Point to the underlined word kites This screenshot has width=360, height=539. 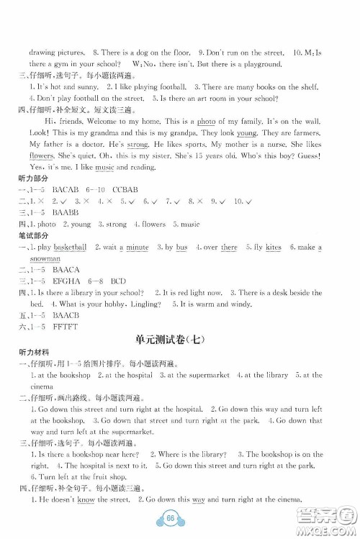273,247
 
